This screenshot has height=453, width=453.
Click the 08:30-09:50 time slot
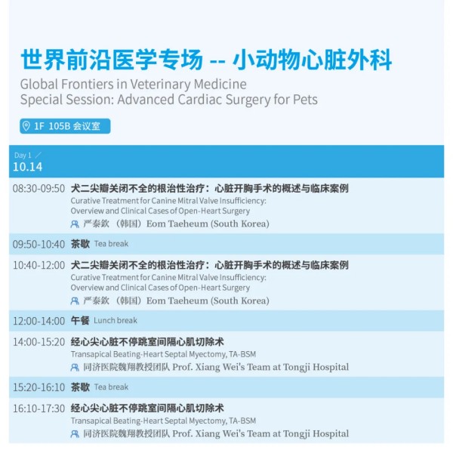coord(39,188)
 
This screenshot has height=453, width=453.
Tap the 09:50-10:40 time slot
coord(39,244)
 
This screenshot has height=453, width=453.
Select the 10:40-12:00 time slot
coord(39,265)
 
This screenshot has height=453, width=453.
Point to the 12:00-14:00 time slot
coord(39,321)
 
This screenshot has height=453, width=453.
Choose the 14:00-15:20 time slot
coord(39,342)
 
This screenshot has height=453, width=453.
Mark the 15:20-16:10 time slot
coord(39,387)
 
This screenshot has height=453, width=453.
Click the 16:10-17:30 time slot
coord(39,408)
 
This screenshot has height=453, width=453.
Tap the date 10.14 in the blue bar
coord(28,167)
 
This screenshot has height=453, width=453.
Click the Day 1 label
coord(23,155)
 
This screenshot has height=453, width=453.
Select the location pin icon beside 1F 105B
coord(26,126)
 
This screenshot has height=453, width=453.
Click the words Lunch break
coord(116,320)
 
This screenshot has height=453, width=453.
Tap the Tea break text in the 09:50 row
coord(111,244)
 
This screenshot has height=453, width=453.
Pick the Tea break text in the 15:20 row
coord(111,387)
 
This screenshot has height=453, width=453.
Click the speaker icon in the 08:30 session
coord(75,224)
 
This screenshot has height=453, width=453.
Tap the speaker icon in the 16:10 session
coord(75,433)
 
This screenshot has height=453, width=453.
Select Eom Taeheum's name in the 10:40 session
coord(177,300)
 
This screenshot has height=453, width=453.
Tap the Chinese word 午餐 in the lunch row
coord(80,320)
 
